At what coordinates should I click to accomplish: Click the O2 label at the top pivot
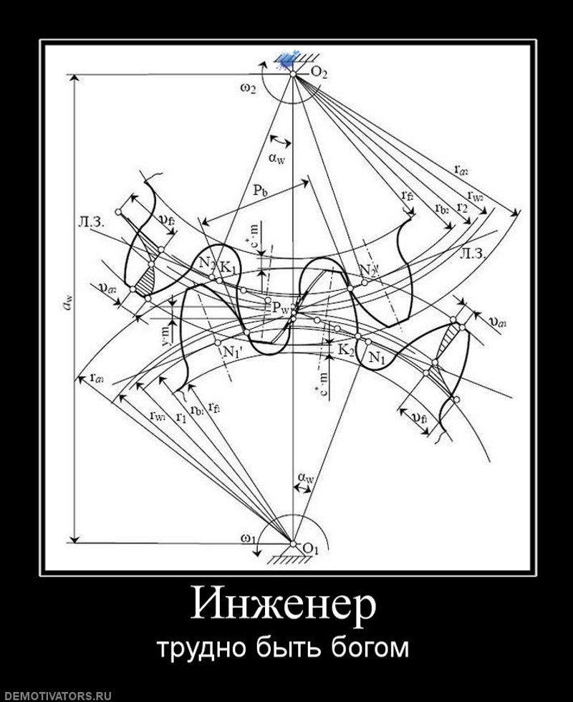coord(319,72)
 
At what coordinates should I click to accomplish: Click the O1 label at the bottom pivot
coord(310,549)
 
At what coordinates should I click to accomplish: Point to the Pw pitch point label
coord(280,307)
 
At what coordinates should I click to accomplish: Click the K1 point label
coord(228,266)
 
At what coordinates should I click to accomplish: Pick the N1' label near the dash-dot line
coord(232,352)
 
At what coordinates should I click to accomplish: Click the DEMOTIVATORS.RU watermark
coord(57,695)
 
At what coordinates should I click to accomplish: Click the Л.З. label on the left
coord(94,221)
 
